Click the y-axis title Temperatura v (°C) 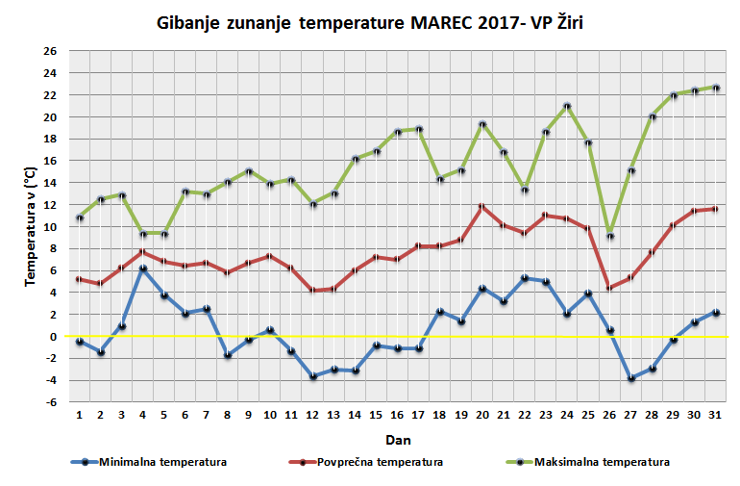click(31, 226)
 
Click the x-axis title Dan click(397, 439)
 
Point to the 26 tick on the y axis click(50, 51)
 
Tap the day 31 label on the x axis click(715, 415)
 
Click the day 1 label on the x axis click(80, 415)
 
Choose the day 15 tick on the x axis click(376, 415)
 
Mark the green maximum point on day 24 click(567, 107)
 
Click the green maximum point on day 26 click(609, 237)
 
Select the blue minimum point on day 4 click(143, 269)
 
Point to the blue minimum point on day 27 click(630, 378)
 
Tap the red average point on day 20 click(482, 206)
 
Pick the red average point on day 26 click(609, 288)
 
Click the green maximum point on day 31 click(715, 88)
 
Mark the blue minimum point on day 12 click(312, 376)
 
